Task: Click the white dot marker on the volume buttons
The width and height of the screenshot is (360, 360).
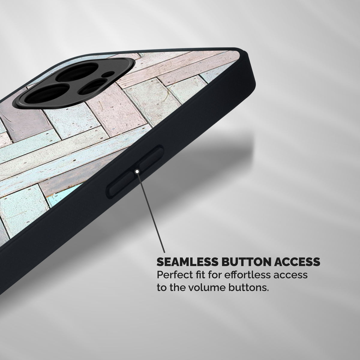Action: pyautogui.click(x=137, y=171)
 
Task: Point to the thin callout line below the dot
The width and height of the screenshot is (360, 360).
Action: pyautogui.click(x=151, y=213)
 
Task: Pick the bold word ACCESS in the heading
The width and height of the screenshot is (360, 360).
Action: pyautogui.click(x=297, y=262)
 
